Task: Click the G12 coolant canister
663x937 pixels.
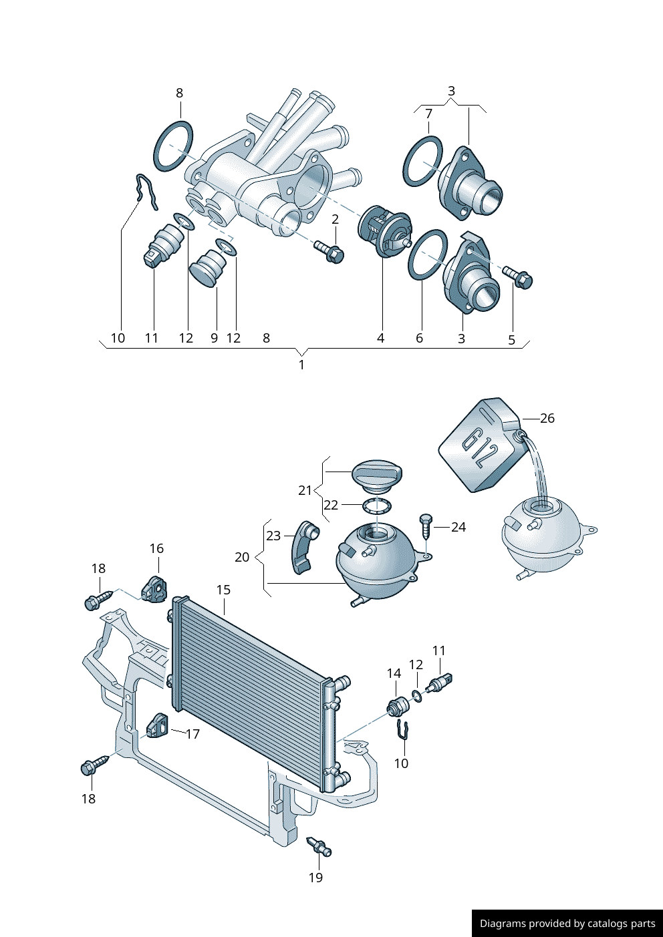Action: (482, 445)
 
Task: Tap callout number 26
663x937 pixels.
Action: (547, 418)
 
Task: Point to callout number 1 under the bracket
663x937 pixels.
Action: (301, 365)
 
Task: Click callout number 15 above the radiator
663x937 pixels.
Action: (223, 590)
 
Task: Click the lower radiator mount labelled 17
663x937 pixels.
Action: (157, 726)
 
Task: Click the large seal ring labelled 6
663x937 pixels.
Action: (428, 254)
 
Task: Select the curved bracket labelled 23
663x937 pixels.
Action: (305, 548)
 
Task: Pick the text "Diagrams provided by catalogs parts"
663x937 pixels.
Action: (567, 923)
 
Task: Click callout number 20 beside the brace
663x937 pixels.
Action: (242, 557)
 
